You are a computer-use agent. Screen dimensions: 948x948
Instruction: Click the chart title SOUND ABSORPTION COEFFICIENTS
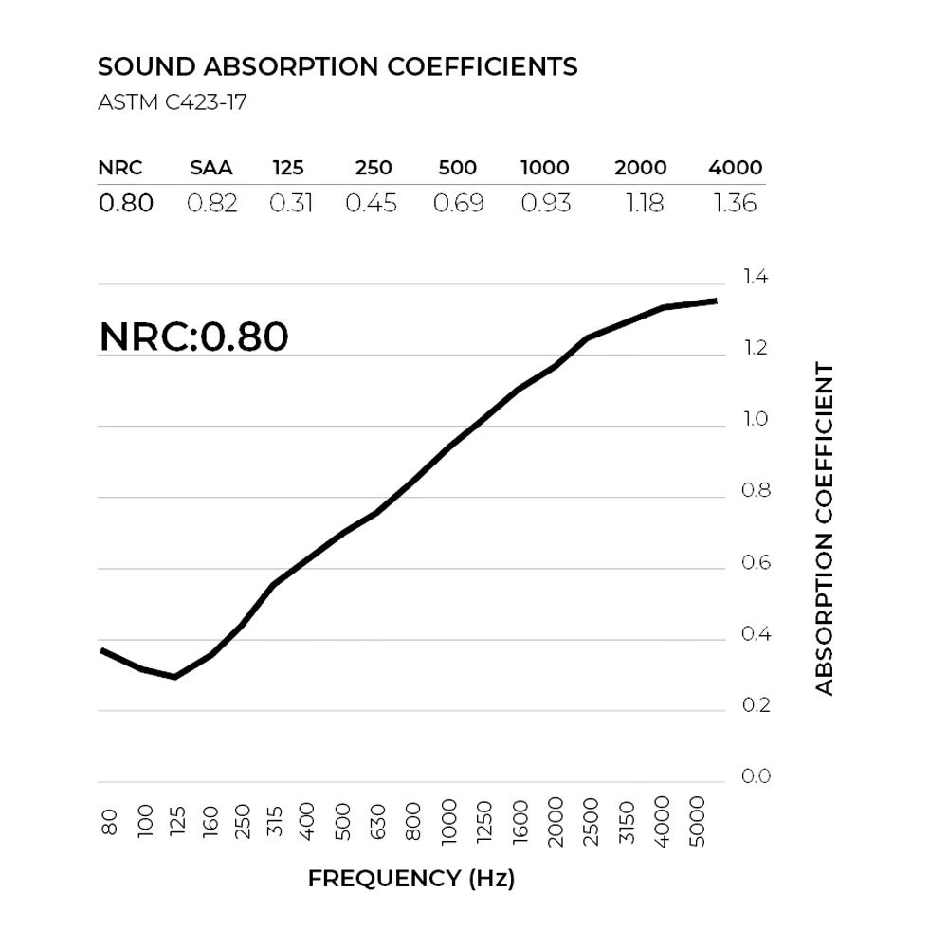coord(337,67)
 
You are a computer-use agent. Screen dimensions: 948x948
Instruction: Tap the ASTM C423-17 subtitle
coord(173,102)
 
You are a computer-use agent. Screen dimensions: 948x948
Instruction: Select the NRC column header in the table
coord(120,169)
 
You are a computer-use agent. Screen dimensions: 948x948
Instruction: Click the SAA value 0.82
coord(211,203)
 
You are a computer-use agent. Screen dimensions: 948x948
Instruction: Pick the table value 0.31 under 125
coord(291,203)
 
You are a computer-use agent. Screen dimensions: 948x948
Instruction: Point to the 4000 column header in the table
coord(735,169)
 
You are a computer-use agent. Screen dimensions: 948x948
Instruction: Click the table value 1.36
coord(735,203)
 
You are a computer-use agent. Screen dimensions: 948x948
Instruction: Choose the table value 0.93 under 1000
coord(546,203)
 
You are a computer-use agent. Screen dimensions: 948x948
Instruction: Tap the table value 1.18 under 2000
coord(644,203)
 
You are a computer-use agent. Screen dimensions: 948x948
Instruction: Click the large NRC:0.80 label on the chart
coord(193,337)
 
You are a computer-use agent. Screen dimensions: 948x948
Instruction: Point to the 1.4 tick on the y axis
coord(756,278)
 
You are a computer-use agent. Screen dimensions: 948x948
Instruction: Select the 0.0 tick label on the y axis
coord(756,777)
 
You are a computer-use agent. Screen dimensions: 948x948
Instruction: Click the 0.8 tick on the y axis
coord(756,491)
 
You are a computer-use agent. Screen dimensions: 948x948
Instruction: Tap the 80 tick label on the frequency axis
coord(109,821)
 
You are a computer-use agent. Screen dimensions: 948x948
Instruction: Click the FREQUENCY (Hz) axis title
coord(411,879)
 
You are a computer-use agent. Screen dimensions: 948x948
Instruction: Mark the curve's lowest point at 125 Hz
coord(174,677)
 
